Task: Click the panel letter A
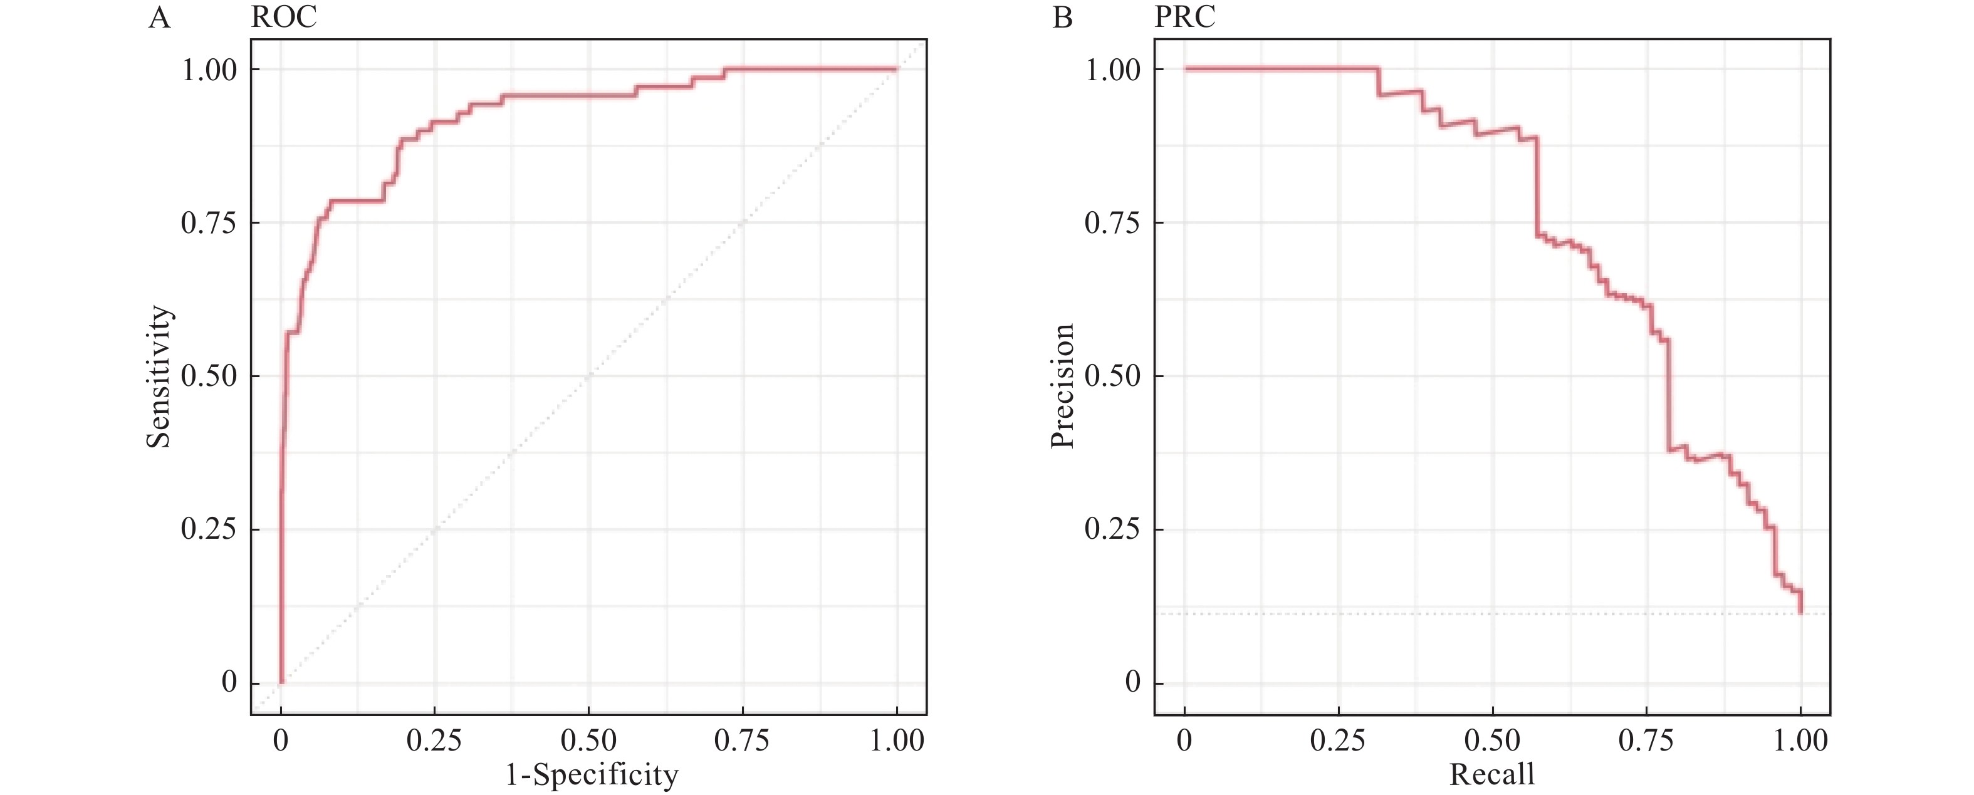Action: tap(159, 17)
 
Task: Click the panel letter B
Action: tap(1062, 17)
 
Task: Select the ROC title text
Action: tap(283, 17)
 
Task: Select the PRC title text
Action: tap(1184, 17)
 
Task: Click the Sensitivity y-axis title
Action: tap(159, 376)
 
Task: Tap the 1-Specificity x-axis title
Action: tap(592, 775)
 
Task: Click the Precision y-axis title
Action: tap(1063, 385)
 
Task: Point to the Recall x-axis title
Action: tap(1492, 774)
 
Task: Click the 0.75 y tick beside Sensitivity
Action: tap(207, 223)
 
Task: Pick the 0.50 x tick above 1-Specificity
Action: tap(588, 740)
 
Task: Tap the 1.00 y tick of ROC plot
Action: tap(207, 70)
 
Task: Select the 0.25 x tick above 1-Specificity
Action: tap(434, 740)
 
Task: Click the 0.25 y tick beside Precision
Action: tap(1111, 529)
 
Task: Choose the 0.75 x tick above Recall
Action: tap(1646, 740)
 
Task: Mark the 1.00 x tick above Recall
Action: tap(1801, 740)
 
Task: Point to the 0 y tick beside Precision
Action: tap(1132, 682)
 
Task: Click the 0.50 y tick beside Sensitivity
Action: tap(207, 376)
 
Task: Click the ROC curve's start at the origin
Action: tap(281, 682)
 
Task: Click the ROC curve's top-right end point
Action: tap(896, 70)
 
